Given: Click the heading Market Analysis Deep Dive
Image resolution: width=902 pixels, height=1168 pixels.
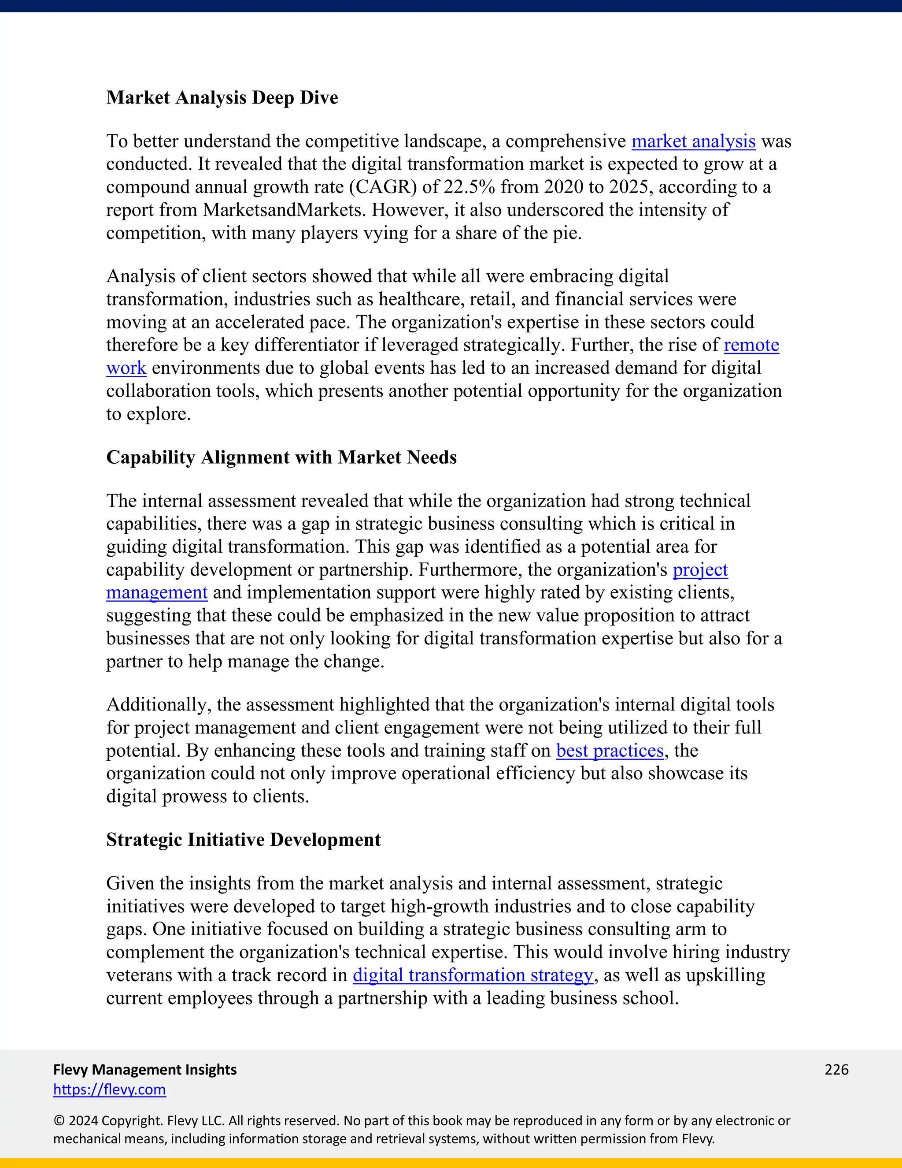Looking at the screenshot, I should click(222, 98).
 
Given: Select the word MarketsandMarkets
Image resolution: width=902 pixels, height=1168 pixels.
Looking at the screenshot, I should click(283, 210).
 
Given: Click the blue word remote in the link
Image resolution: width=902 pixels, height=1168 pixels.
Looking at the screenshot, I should click(751, 345).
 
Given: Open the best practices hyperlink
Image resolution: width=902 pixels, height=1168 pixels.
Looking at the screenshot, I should click(610, 751).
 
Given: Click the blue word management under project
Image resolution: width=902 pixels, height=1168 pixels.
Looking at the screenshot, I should click(156, 592).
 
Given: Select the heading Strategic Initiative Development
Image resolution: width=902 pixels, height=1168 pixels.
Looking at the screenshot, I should click(243, 840).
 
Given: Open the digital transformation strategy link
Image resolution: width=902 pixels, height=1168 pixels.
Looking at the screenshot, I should click(473, 975).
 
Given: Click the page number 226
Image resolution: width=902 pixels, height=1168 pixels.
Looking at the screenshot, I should click(836, 1070).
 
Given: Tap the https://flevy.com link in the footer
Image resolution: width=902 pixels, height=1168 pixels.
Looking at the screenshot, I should click(110, 1090).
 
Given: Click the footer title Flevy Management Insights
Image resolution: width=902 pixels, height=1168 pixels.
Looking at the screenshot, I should click(145, 1070).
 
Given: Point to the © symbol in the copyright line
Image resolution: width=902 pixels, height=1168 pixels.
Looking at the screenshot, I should click(59, 1121).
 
